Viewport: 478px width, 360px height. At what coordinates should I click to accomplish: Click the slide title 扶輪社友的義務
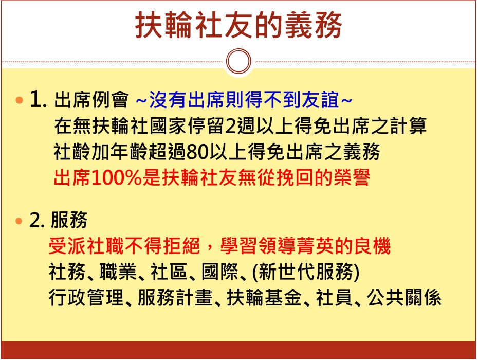(238, 25)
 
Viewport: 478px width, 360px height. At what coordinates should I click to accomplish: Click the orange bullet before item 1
(19, 100)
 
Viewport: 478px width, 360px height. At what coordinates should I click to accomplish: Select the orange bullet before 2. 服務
(19, 220)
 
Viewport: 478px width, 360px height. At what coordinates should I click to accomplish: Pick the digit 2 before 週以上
(230, 125)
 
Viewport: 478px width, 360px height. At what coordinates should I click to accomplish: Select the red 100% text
(117, 177)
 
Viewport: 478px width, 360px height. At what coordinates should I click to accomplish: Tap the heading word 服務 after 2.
(69, 220)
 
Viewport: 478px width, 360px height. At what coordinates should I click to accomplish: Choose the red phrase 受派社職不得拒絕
(124, 246)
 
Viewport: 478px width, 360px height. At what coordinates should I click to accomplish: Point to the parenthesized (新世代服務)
(306, 272)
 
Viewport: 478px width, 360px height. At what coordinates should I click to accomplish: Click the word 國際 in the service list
(220, 272)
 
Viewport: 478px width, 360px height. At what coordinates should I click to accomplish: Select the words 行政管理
(86, 297)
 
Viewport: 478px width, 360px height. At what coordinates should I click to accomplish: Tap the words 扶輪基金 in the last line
(264, 297)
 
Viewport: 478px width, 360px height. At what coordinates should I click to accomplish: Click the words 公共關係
(404, 297)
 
